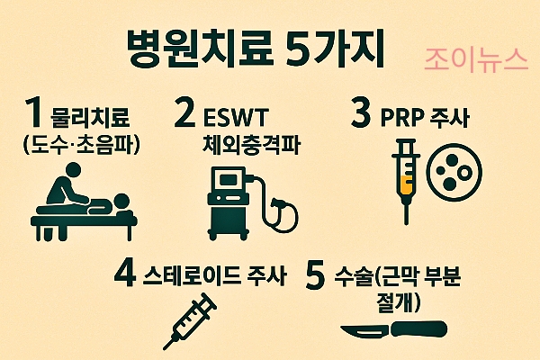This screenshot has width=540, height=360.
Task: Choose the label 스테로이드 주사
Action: point(214,275)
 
